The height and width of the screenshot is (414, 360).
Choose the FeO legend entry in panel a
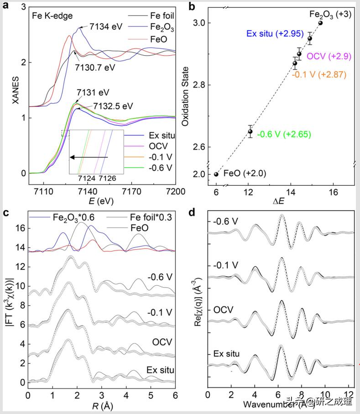tap(151, 39)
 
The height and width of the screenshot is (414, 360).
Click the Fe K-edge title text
tap(50, 15)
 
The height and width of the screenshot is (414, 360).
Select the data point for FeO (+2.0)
tap(216, 174)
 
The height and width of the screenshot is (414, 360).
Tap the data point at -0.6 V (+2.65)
tap(250, 131)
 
